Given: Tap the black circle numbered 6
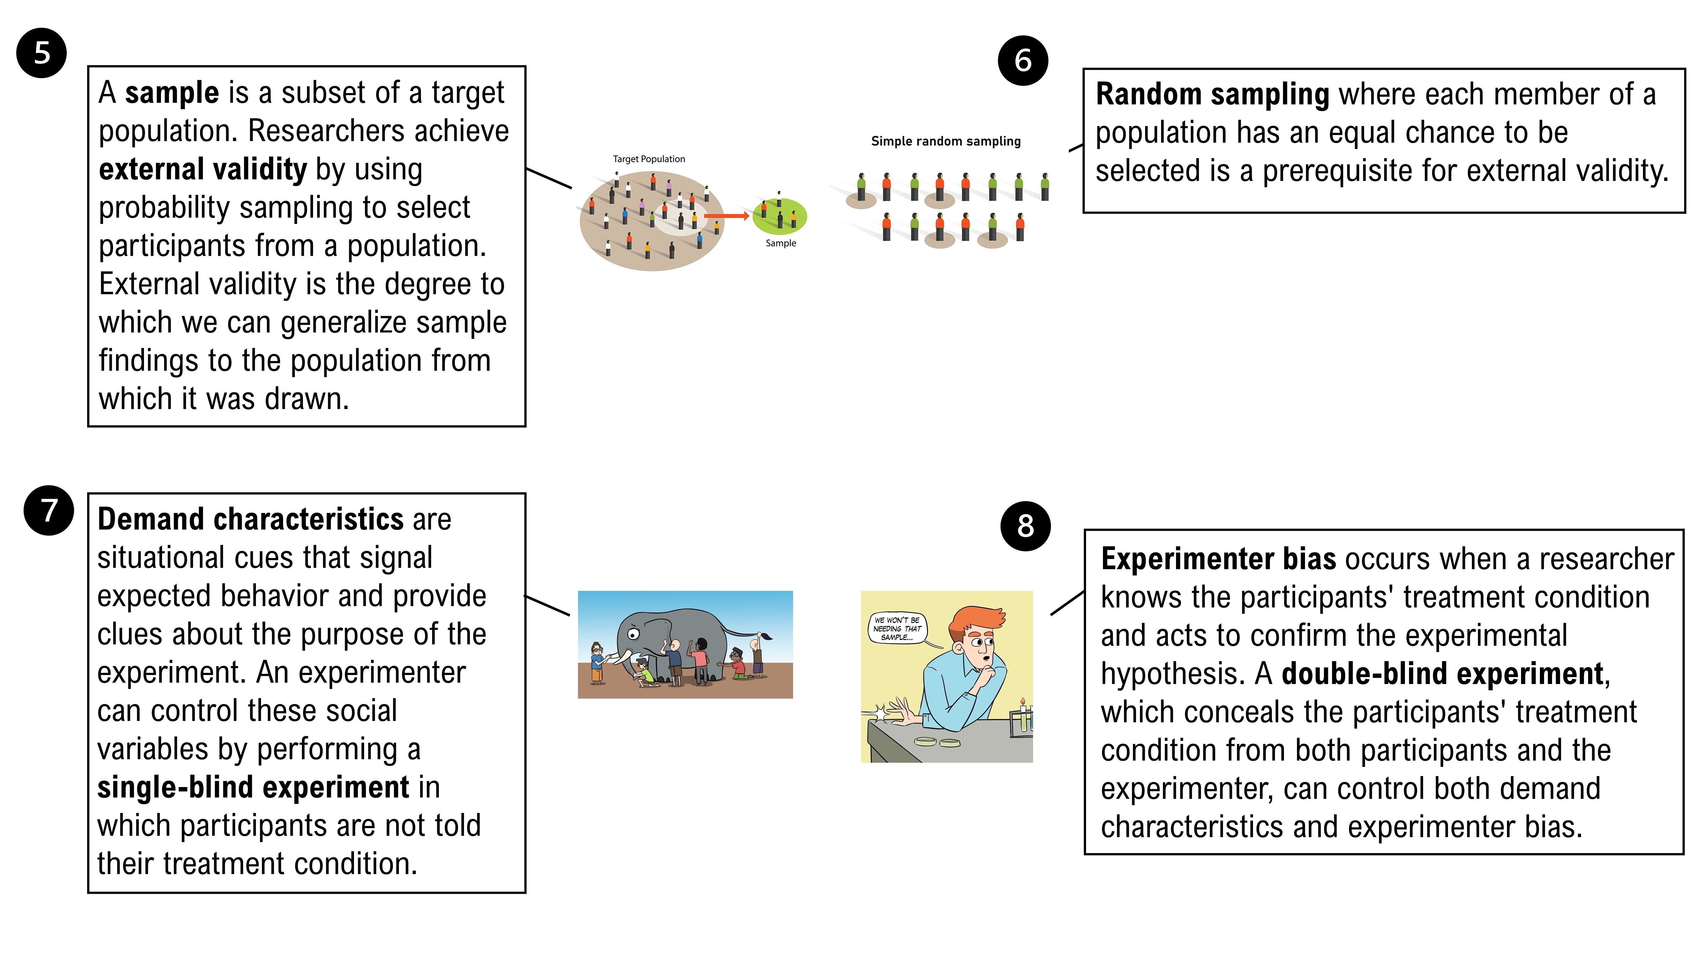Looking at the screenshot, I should click(x=1023, y=61).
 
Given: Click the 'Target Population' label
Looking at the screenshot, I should click(x=649, y=159).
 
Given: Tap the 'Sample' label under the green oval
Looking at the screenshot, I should click(x=780, y=243).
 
